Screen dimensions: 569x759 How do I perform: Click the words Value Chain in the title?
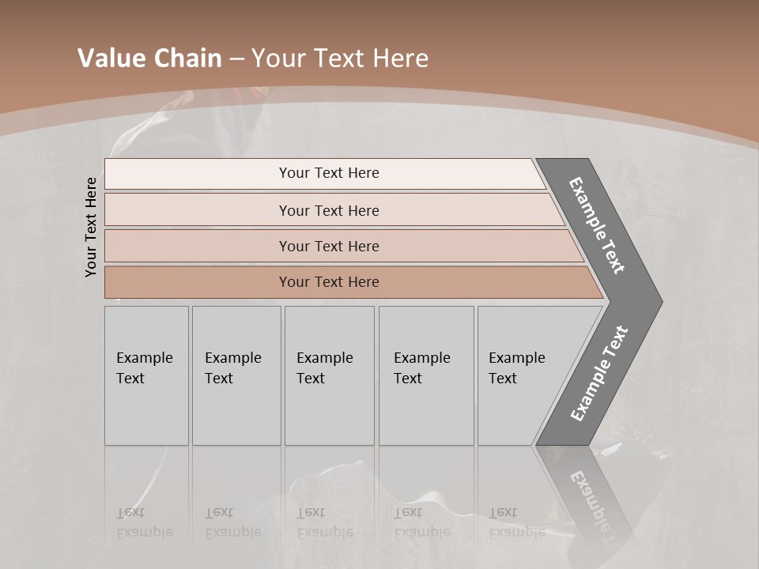point(149,58)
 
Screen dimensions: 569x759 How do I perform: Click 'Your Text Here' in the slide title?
point(340,58)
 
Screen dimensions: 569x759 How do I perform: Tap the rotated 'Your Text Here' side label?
point(91,227)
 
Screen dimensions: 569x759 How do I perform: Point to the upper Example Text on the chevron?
point(597,225)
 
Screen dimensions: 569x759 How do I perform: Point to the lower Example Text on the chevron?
point(599,374)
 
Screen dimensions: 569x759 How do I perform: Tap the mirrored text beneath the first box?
point(144,522)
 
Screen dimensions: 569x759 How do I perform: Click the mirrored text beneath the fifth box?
point(516,522)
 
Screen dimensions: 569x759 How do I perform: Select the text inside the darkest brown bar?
point(329,282)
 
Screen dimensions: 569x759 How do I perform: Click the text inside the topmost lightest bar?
point(329,173)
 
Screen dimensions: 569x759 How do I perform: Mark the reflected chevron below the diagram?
point(589,494)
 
